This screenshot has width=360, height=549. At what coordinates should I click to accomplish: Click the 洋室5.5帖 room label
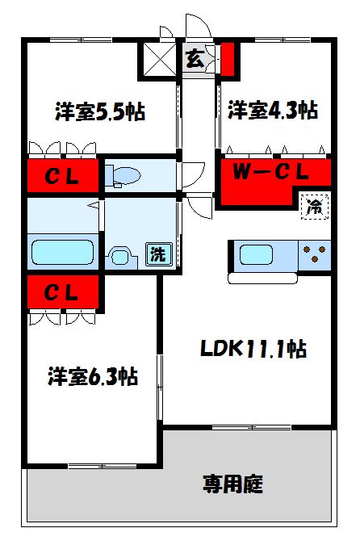click(x=100, y=111)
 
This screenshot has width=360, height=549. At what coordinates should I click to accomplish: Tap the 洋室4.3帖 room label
click(x=271, y=110)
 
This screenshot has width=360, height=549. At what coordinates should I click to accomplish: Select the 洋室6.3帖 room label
click(x=92, y=376)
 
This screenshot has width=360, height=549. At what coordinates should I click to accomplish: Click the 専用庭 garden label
click(x=232, y=484)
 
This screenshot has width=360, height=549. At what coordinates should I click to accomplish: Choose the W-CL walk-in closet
click(x=274, y=172)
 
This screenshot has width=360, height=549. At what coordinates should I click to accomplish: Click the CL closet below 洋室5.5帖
click(x=61, y=177)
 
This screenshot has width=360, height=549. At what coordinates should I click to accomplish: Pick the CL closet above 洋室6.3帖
click(x=61, y=293)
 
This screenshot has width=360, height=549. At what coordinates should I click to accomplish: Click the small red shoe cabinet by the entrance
click(x=228, y=59)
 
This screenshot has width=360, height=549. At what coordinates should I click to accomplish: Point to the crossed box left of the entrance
click(x=160, y=57)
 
